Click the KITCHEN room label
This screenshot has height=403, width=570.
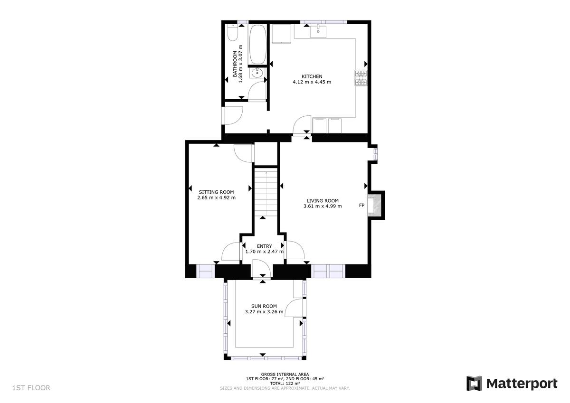tap(312, 76)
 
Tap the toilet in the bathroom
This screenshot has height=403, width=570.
tap(232, 33)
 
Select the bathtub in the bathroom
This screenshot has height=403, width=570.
tap(257, 45)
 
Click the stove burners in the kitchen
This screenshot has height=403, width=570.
tap(361, 78)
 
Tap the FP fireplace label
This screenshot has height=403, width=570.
tap(361, 206)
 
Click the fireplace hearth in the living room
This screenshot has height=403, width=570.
tap(377, 205)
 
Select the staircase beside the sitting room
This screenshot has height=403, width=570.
tap(266, 192)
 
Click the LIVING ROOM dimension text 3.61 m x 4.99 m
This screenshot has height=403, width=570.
tap(322, 206)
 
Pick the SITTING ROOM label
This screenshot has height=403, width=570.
tap(216, 192)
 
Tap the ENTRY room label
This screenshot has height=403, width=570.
tap(264, 246)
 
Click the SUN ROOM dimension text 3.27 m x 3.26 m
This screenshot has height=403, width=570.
tap(264, 312)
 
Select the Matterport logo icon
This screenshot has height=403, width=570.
tap(474, 384)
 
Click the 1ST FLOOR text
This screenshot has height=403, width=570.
tap(31, 388)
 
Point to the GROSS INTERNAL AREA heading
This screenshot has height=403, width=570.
tap(285, 374)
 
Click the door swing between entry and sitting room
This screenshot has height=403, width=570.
tap(232, 251)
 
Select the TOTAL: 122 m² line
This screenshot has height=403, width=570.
tap(285, 383)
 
